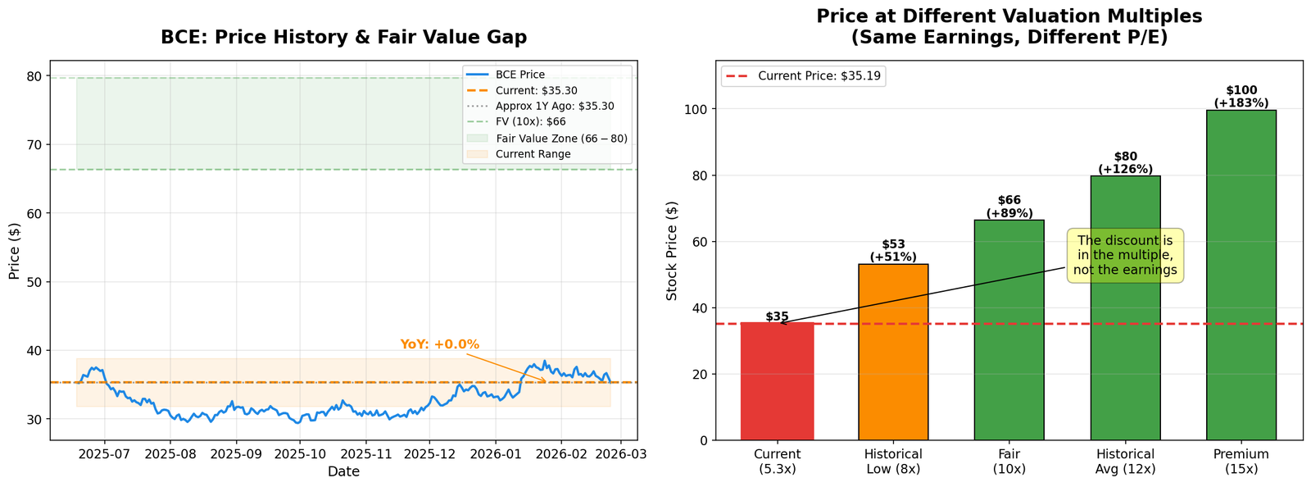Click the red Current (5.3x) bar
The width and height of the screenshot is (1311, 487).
(777, 381)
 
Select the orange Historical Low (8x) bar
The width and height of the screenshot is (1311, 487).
(893, 353)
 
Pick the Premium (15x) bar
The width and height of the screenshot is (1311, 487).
(1241, 275)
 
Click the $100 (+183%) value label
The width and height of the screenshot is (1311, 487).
(1241, 97)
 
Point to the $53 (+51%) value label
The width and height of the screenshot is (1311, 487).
(893, 251)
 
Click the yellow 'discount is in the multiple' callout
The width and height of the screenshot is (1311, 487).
(1125, 256)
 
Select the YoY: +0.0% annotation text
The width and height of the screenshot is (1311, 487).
(439, 344)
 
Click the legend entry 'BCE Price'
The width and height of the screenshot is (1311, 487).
(519, 75)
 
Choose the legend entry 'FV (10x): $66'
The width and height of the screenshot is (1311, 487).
(530, 122)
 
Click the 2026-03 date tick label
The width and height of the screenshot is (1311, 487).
(620, 453)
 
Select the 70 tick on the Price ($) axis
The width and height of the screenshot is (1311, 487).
(34, 145)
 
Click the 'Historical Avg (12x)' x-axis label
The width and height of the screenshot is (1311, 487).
(1125, 461)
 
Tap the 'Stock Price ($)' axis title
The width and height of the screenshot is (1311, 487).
(672, 250)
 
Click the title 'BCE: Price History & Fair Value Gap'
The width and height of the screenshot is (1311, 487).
(343, 37)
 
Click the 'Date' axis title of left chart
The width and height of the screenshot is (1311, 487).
(343, 471)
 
